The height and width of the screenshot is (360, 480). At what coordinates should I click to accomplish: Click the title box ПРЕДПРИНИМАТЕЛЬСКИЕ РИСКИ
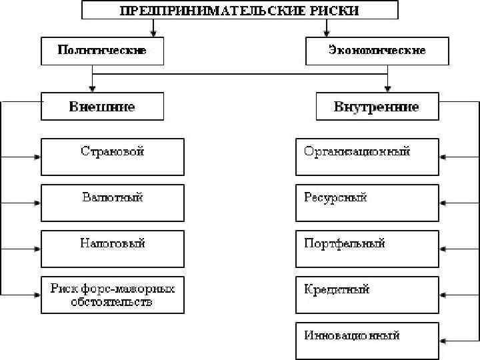tap(239, 10)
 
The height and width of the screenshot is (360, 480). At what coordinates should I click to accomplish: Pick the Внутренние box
tap(377, 107)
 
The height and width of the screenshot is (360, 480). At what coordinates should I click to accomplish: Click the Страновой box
tap(113, 157)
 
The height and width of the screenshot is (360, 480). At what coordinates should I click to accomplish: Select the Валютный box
tap(113, 203)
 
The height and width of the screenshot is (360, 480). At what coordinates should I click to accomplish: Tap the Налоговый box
tap(113, 249)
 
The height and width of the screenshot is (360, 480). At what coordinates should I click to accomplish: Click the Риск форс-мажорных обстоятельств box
tap(113, 295)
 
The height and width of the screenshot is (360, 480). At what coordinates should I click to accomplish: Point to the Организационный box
tap(367, 157)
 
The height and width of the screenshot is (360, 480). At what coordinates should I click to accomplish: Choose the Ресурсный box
tap(367, 203)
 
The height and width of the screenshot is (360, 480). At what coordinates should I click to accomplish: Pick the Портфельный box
tap(367, 249)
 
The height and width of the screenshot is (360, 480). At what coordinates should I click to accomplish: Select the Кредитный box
tap(367, 295)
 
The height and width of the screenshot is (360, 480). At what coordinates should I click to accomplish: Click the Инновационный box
tap(367, 341)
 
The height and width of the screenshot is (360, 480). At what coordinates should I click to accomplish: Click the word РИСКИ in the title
tap(335, 11)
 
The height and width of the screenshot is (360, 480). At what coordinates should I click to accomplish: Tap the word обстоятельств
tap(113, 303)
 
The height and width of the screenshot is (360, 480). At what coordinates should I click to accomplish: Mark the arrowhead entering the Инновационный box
tap(443, 341)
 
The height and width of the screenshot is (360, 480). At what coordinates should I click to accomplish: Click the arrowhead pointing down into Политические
tap(154, 34)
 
